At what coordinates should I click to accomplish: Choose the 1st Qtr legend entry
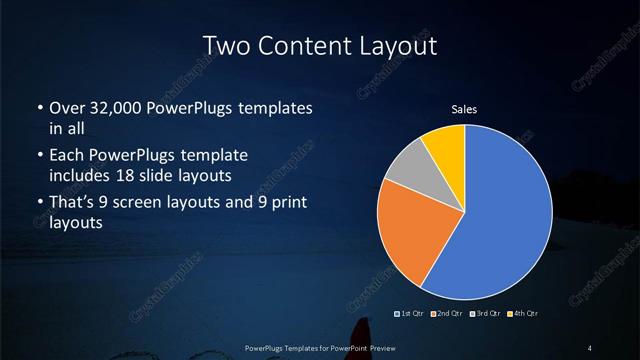(x=411, y=314)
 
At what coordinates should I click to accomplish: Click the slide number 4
(x=590, y=347)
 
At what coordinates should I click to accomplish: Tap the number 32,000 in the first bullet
(x=118, y=108)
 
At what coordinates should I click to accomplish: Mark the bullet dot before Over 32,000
(x=39, y=108)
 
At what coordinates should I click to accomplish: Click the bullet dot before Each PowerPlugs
(x=39, y=155)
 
